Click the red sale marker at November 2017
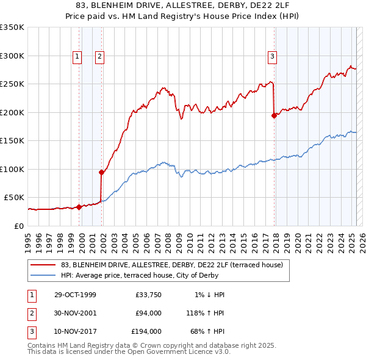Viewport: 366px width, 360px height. pyautogui.click(x=274, y=116)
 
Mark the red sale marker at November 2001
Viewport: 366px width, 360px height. pyautogui.click(x=101, y=173)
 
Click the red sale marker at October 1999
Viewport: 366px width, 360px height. pyautogui.click(x=79, y=207)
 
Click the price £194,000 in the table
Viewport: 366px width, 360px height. pyautogui.click(x=146, y=331)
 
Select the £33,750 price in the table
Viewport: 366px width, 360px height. pyautogui.click(x=148, y=295)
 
